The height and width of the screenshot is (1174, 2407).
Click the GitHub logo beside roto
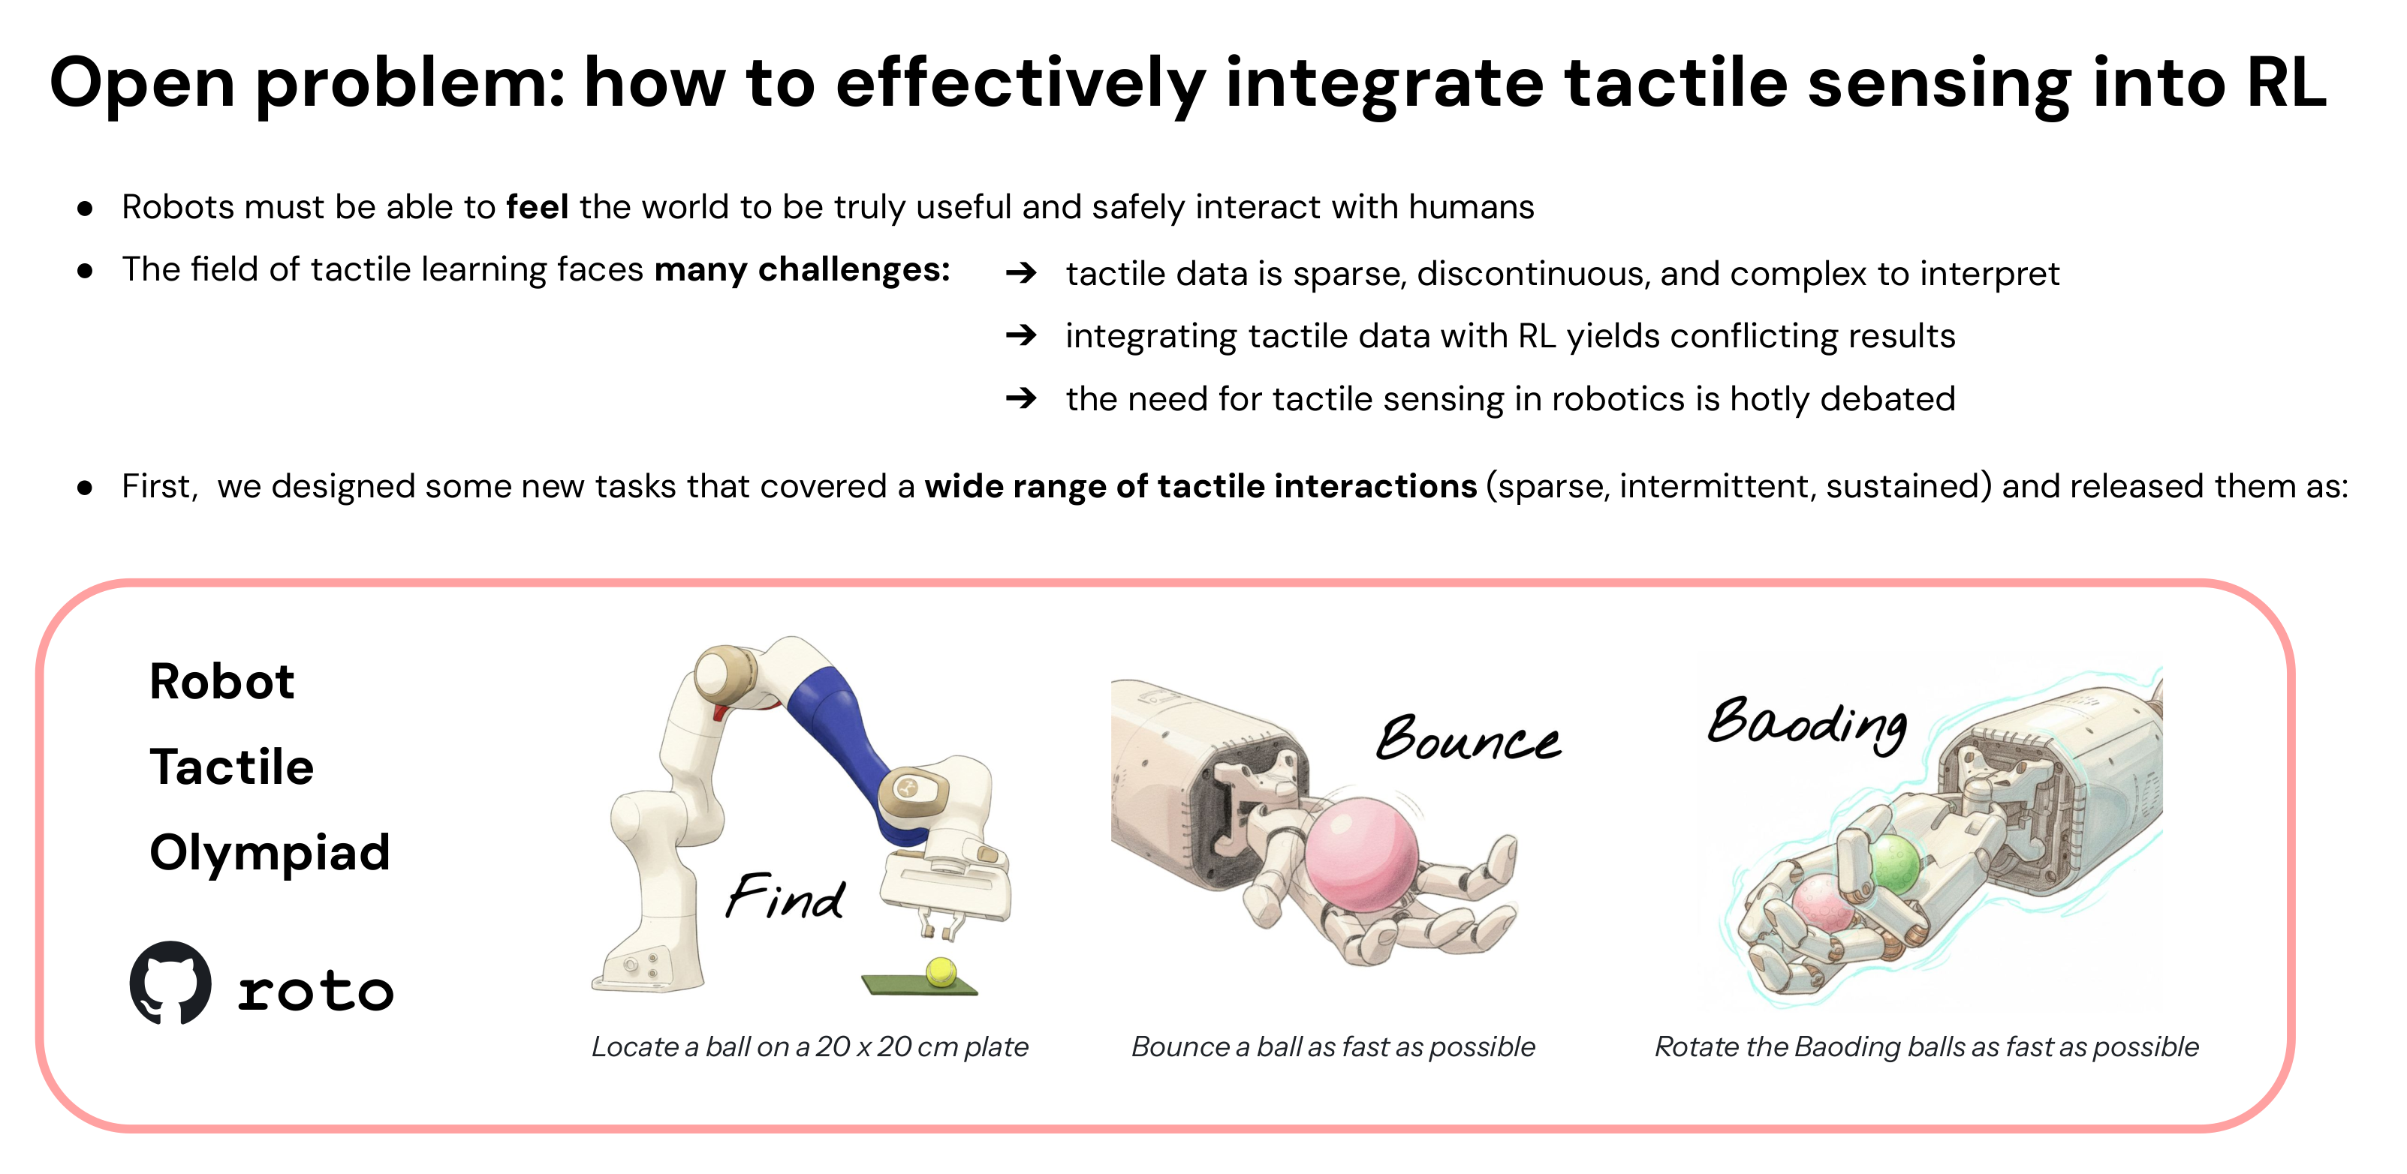point(170,983)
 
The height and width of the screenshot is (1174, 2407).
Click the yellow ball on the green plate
point(940,971)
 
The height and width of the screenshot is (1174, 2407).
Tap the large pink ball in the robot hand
point(1360,854)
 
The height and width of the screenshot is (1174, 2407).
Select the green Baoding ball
point(1894,861)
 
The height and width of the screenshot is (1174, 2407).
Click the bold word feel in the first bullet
point(538,207)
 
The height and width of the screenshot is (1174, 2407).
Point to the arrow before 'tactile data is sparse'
point(1021,273)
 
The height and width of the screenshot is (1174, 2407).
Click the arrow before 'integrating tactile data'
point(1021,335)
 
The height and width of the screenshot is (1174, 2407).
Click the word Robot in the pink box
point(222,681)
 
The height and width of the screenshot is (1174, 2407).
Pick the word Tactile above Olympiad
point(232,767)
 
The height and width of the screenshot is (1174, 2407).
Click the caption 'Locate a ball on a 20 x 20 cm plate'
point(809,1047)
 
